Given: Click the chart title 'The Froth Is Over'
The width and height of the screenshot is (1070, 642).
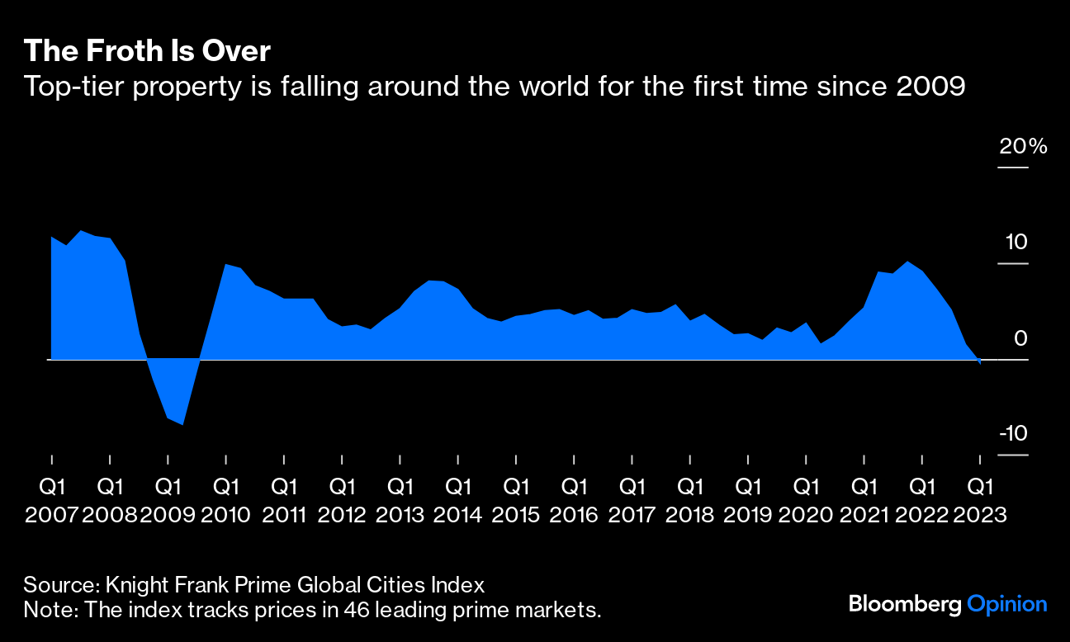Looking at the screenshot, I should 147,51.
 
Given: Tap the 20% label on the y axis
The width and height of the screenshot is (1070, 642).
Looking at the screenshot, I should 1023,147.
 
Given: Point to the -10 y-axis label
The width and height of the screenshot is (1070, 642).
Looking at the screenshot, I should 1013,434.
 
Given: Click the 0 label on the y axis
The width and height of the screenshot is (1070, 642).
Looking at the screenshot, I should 1021,338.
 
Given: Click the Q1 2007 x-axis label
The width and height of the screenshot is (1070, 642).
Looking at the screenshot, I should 52,499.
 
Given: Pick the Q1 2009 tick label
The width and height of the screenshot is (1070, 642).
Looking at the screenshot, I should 168,499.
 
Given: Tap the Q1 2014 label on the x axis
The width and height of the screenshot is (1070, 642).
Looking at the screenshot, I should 457,499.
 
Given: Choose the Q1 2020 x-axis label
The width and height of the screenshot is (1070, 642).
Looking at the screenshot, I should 806,499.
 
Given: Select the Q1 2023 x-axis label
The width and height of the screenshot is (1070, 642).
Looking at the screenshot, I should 980,499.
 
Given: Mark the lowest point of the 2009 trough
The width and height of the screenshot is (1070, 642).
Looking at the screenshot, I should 182,424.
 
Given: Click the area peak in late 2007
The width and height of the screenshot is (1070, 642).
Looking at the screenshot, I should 80,231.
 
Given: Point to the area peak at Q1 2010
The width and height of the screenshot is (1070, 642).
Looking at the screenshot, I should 225,264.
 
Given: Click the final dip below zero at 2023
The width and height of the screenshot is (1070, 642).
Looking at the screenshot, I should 980,363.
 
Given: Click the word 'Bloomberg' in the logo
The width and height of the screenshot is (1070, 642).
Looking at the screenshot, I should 905,604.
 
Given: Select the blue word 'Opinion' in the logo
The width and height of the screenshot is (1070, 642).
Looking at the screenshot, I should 1006,604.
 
